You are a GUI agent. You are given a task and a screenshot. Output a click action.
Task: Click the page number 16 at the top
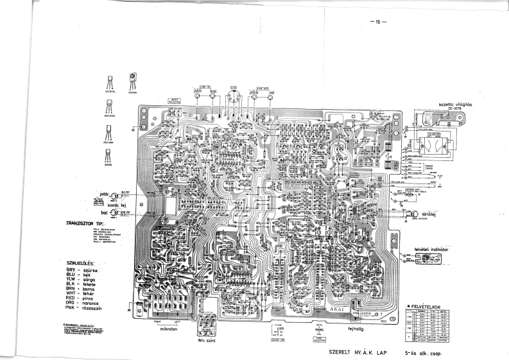click(377, 22)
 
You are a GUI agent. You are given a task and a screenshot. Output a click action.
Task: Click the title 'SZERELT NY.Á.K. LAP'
click(357, 352)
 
